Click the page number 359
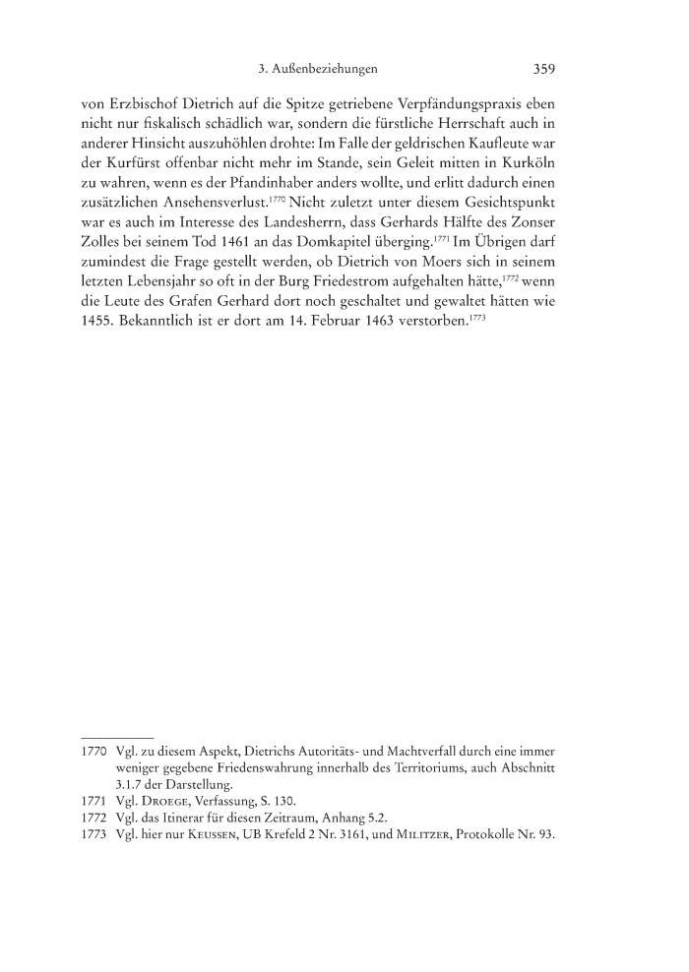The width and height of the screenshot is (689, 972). point(544,70)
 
